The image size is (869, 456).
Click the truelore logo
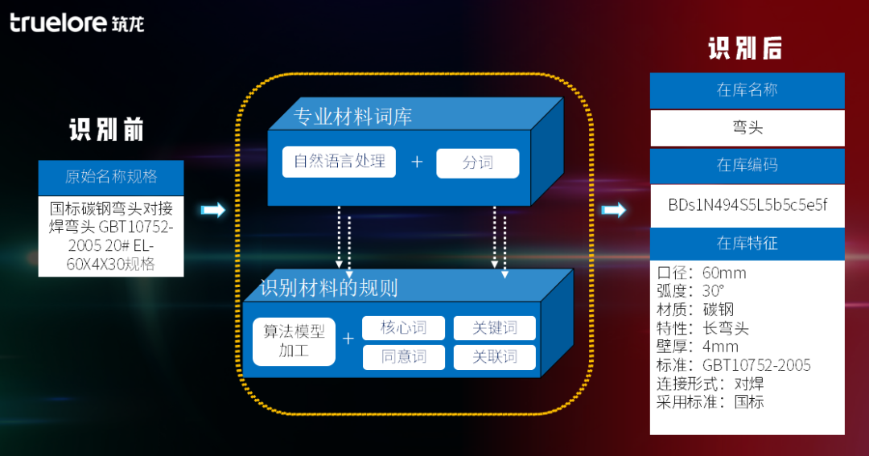click(x=76, y=23)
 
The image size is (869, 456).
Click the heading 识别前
click(x=106, y=129)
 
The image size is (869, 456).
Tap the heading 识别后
click(x=745, y=48)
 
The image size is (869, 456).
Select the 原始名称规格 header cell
click(x=111, y=177)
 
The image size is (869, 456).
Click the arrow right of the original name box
click(x=212, y=210)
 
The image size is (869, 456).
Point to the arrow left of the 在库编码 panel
click(x=614, y=210)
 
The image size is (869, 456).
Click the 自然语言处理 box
click(x=339, y=162)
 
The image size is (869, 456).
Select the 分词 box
click(x=477, y=163)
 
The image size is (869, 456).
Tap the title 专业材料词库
click(x=353, y=117)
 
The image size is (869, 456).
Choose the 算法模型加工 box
click(x=294, y=340)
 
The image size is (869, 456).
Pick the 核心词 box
click(x=403, y=328)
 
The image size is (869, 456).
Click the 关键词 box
click(x=494, y=328)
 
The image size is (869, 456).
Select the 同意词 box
click(x=403, y=357)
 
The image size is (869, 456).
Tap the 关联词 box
click(x=494, y=357)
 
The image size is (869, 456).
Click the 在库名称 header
click(x=747, y=90)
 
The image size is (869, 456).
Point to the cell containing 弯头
click(x=747, y=128)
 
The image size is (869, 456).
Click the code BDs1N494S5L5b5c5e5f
click(x=747, y=204)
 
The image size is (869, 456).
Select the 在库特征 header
click(x=747, y=243)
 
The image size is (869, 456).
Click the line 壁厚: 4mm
click(x=698, y=347)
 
